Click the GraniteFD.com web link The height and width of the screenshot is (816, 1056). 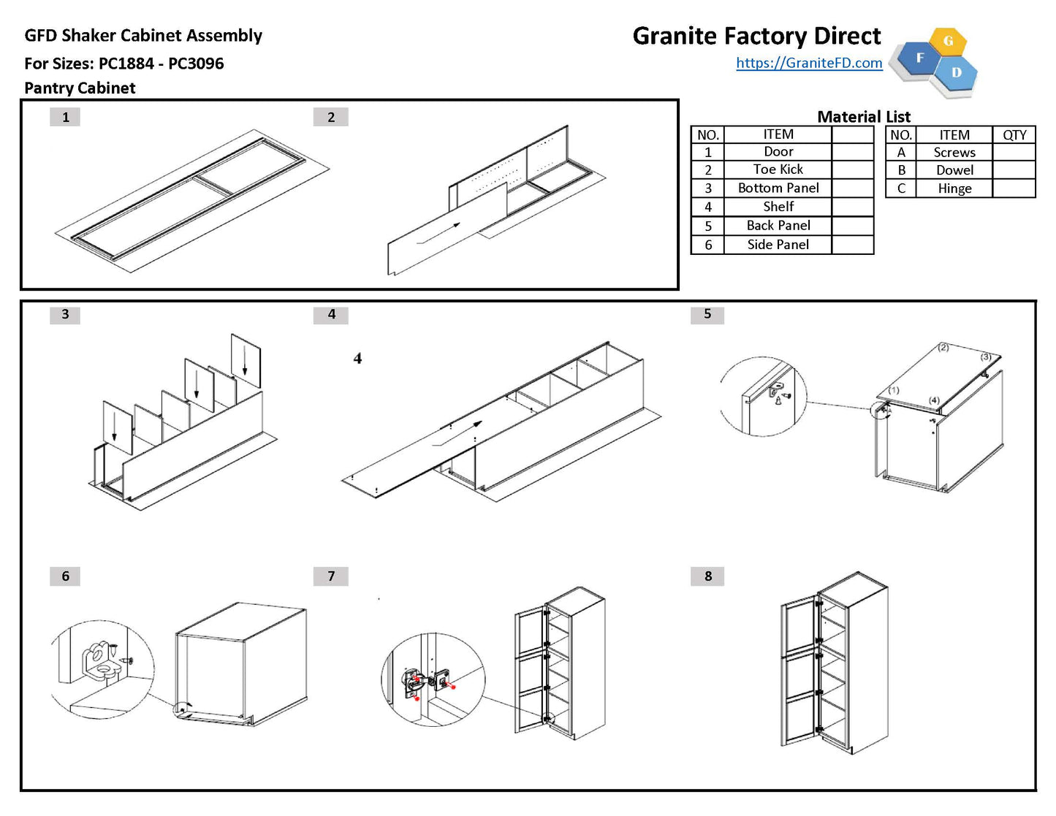pyautogui.click(x=809, y=63)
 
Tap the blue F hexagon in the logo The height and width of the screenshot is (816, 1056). pyautogui.click(x=919, y=58)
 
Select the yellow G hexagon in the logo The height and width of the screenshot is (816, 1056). pyautogui.click(x=948, y=41)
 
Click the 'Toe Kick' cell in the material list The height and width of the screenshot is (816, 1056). pyautogui.click(x=778, y=169)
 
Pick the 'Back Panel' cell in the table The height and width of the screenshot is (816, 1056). pyautogui.click(x=778, y=226)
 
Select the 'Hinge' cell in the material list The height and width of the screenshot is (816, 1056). pyautogui.click(x=954, y=188)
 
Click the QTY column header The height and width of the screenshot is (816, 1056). pyautogui.click(x=1014, y=135)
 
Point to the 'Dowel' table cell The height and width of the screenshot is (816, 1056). pyautogui.click(x=954, y=170)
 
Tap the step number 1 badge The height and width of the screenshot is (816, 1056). pyautogui.click(x=65, y=117)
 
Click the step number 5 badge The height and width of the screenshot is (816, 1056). pyautogui.click(x=707, y=314)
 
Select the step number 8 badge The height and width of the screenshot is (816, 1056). pyautogui.click(x=707, y=576)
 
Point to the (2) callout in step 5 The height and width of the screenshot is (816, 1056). pyautogui.click(x=943, y=347)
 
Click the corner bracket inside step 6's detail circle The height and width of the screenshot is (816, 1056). pyautogui.click(x=100, y=662)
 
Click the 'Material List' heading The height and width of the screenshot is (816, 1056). pyautogui.click(x=863, y=117)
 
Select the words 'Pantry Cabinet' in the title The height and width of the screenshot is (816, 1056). pyautogui.click(x=80, y=88)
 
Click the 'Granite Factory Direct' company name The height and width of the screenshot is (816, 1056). pyautogui.click(x=756, y=36)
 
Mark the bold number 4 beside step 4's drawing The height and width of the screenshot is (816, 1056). pyautogui.click(x=357, y=359)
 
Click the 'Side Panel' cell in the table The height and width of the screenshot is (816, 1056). pyautogui.click(x=778, y=245)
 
